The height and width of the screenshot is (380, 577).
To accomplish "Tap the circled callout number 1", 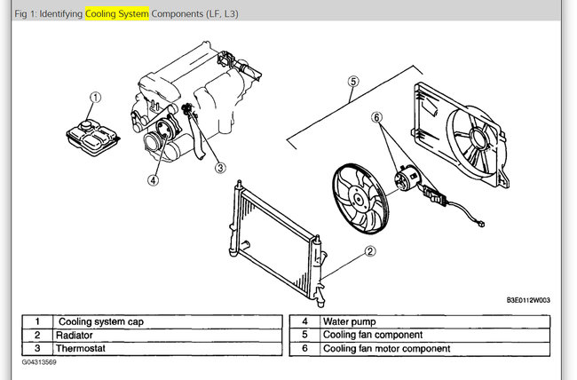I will [x=96, y=98].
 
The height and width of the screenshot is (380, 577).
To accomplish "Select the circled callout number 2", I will [x=368, y=251].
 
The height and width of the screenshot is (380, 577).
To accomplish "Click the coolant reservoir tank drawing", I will [x=91, y=134].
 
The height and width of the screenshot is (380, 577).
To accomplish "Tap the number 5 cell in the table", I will [x=304, y=335].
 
